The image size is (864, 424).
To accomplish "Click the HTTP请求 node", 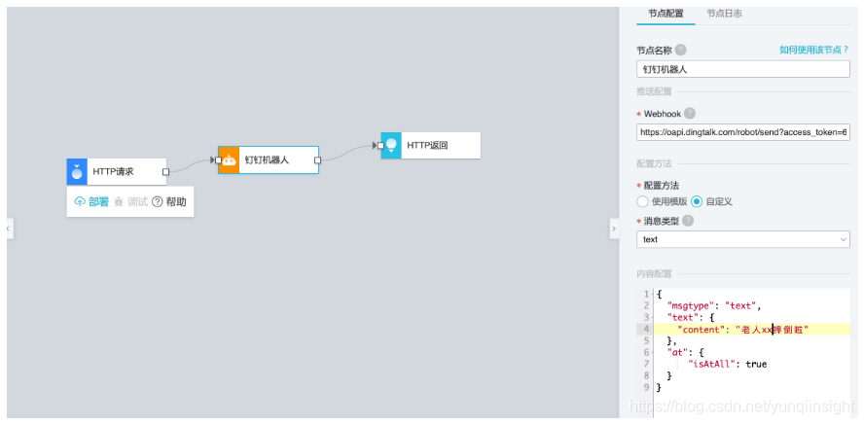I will tap(117, 172).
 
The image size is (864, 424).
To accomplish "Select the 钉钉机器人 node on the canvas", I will tap(269, 159).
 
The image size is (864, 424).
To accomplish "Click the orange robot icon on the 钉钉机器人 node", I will tap(230, 159).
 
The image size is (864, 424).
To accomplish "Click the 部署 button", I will tap(91, 202).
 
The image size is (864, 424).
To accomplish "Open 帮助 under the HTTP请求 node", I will tap(168, 202).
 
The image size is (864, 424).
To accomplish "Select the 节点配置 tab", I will tap(666, 14).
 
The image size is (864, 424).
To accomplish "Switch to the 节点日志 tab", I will tap(724, 14).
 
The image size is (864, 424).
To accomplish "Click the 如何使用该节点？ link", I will tap(813, 50).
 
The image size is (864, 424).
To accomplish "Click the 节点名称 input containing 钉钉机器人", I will tap(742, 69).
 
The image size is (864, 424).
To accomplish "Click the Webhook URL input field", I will tap(742, 131).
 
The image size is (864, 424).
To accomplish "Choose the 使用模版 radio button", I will tap(642, 201).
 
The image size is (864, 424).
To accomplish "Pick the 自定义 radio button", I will tap(697, 201).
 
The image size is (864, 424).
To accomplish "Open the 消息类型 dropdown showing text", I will tap(742, 239).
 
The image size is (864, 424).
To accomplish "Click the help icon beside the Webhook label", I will tap(690, 114).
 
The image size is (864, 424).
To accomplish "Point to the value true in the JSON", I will tap(756, 364).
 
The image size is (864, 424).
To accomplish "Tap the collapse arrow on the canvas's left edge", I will tap(9, 228).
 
